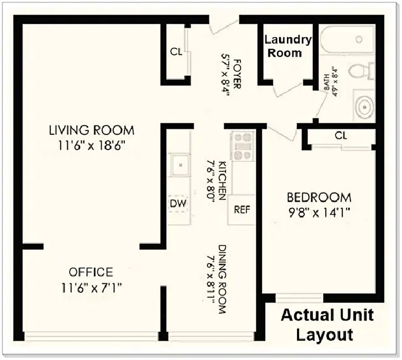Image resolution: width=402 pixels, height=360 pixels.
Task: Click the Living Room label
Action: (x=92, y=130)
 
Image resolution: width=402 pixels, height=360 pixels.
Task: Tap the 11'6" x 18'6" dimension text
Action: (x=92, y=146)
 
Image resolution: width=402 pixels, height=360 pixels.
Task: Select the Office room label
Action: (x=91, y=272)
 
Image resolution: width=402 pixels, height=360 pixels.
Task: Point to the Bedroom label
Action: (x=319, y=198)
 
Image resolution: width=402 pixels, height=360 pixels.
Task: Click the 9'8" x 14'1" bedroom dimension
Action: (x=319, y=212)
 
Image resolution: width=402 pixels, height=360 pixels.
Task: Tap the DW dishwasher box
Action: (x=178, y=204)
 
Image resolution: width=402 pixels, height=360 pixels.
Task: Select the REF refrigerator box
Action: (x=241, y=209)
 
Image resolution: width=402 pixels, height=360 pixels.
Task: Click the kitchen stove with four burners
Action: (x=242, y=146)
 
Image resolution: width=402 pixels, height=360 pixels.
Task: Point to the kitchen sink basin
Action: (x=181, y=165)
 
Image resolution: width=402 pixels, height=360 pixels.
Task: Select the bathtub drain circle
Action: (x=359, y=39)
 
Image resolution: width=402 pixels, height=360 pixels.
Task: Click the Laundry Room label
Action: (x=287, y=47)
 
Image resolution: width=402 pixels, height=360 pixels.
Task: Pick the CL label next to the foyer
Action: (x=176, y=52)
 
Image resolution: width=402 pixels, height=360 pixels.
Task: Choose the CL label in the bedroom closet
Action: (x=340, y=135)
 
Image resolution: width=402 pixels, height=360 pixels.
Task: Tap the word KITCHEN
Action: (x=222, y=180)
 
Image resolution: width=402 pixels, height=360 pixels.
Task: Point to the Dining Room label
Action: (x=222, y=279)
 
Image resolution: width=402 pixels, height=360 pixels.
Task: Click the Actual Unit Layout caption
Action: (x=327, y=325)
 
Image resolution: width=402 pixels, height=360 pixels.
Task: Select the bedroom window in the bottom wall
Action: (x=299, y=298)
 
